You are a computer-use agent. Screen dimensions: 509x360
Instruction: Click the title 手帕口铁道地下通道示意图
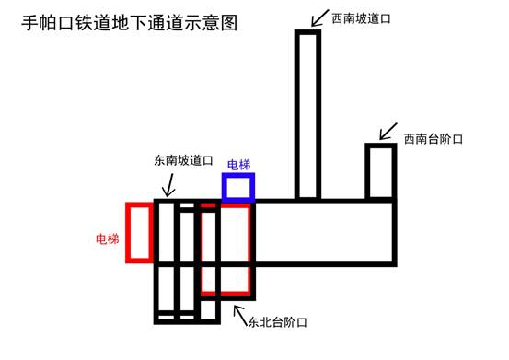coord(129,23)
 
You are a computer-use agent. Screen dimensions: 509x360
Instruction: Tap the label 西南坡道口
coord(361,18)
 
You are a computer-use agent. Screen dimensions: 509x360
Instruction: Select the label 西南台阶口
coord(433,139)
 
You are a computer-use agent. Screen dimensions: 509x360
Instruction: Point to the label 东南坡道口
coord(183,160)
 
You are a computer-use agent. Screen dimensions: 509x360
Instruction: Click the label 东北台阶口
coord(278,322)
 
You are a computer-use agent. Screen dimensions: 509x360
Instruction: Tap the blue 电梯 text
coord(239,165)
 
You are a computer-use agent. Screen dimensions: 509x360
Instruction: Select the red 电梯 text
coord(108,238)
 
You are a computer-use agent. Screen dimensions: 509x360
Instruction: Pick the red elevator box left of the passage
coord(128,233)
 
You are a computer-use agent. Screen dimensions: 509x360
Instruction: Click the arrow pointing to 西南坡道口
coord(319,18)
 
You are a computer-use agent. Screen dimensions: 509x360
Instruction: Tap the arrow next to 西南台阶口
coord(388,132)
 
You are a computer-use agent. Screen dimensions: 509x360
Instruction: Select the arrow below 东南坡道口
coord(169,185)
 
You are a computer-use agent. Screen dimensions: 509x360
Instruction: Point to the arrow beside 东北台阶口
coord(240,316)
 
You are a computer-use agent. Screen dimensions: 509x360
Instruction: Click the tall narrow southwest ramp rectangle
coord(297,114)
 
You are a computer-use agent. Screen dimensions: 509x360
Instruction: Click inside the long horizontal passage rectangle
coord(326,233)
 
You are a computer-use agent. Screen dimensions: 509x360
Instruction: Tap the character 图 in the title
coord(229,23)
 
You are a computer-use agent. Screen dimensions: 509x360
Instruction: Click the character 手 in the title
coord(29,23)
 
